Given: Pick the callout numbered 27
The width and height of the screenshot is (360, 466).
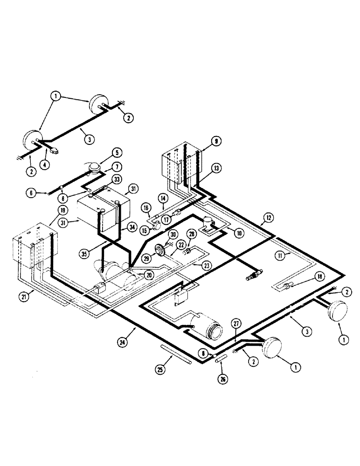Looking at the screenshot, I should (237, 324).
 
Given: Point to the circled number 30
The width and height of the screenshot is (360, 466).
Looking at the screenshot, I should (173, 234).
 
